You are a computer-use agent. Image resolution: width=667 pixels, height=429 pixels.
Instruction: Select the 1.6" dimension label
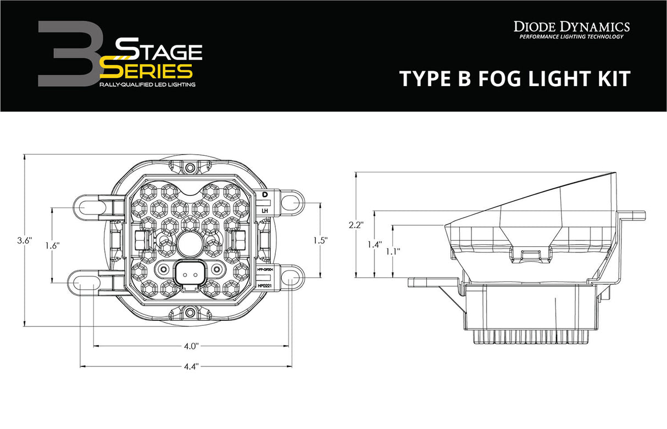click(53, 246)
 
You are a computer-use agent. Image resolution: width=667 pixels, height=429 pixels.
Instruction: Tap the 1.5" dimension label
click(320, 240)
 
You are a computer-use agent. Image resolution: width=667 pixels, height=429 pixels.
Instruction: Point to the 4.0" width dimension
click(191, 346)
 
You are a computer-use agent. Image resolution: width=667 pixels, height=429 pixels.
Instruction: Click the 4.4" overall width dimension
click(191, 366)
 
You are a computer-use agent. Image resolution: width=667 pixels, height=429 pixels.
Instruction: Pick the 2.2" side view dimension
click(356, 224)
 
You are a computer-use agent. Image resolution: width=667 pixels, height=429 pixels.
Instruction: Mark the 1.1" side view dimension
click(392, 251)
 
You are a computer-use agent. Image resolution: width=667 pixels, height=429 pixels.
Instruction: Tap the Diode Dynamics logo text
click(571, 26)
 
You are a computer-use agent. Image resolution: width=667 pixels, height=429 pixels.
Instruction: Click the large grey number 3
click(66, 55)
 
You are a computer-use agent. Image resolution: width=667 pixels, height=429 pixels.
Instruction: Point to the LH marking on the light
click(265, 210)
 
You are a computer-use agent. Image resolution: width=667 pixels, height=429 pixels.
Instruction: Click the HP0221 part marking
click(265, 286)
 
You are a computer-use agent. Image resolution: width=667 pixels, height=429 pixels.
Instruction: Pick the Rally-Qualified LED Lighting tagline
click(147, 85)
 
